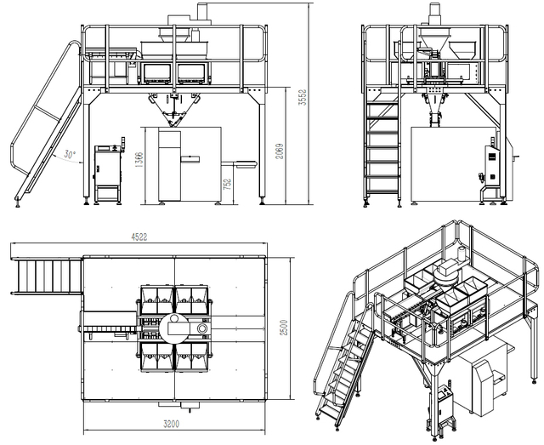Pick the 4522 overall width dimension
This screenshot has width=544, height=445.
(x=139, y=237)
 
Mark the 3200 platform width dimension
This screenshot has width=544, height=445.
(x=175, y=422)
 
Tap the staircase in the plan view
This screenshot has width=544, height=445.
(x=48, y=277)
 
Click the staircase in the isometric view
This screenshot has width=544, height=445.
(x=343, y=366)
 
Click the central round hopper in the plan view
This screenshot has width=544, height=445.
(x=176, y=324)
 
